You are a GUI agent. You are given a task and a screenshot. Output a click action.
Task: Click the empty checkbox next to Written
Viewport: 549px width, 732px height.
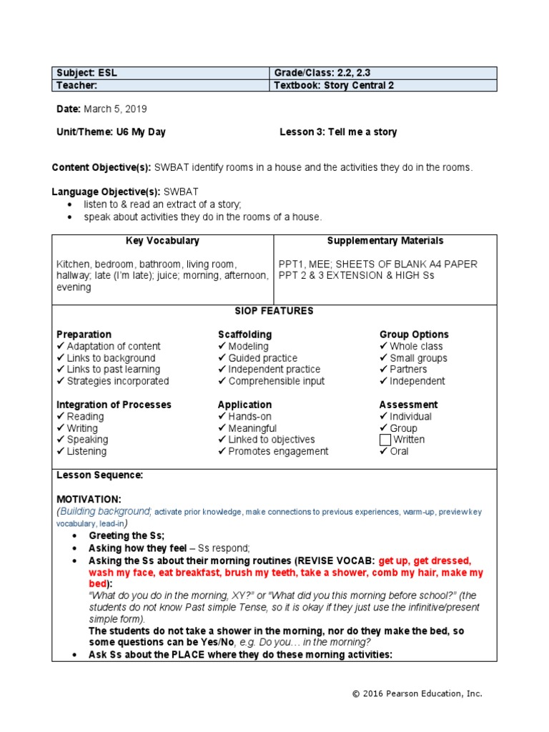(x=386, y=440)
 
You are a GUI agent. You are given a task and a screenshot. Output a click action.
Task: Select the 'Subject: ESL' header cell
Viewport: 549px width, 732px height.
(x=85, y=73)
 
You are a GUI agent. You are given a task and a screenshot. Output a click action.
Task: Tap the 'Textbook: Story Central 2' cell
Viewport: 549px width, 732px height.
(x=334, y=86)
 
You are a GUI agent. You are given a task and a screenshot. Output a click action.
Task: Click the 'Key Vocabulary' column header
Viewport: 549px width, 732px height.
(x=162, y=241)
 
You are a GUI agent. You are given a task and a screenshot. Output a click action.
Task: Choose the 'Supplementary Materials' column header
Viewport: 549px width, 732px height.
(x=385, y=241)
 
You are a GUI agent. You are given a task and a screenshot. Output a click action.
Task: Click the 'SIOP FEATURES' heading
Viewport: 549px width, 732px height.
(x=274, y=311)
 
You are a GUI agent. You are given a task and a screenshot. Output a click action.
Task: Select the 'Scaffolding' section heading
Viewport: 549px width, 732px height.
(x=244, y=335)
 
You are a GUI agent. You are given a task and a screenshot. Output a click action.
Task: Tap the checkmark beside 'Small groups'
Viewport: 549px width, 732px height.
(x=384, y=358)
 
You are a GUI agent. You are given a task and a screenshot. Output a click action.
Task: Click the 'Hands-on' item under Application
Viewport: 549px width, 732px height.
(x=249, y=416)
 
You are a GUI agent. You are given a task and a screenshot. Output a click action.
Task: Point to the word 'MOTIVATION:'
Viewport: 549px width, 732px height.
(x=89, y=498)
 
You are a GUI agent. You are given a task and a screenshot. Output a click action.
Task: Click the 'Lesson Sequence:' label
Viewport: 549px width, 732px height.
(x=99, y=475)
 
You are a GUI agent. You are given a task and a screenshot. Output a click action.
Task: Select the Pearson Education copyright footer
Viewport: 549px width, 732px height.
(x=417, y=693)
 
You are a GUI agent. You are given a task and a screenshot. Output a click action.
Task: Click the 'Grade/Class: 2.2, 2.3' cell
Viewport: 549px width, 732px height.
(x=322, y=73)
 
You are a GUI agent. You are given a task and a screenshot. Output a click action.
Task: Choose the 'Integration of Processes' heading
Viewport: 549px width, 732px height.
(x=114, y=405)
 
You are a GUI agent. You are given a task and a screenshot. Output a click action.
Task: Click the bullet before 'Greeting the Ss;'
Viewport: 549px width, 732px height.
(x=76, y=536)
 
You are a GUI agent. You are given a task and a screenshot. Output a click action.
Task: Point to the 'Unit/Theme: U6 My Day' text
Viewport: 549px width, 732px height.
(x=111, y=132)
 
